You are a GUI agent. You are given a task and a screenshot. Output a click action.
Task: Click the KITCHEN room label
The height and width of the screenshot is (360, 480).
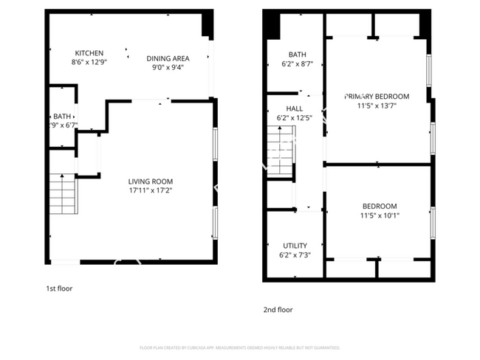coord(89,53)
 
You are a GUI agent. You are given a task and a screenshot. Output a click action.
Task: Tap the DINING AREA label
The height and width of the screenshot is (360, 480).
coord(168,58)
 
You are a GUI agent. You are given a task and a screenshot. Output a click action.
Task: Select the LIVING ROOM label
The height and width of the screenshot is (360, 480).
coord(150,181)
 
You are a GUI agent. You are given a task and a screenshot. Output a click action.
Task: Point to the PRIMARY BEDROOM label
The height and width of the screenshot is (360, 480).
coord(377,96)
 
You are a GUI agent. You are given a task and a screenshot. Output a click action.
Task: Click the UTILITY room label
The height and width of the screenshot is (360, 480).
coord(295,246)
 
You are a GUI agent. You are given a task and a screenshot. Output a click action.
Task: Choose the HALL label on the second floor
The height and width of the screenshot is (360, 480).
coord(284,108)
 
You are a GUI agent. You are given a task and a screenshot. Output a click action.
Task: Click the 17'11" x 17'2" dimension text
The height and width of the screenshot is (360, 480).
coord(150,190)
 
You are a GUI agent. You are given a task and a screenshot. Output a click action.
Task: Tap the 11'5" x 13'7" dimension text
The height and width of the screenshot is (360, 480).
coord(377,105)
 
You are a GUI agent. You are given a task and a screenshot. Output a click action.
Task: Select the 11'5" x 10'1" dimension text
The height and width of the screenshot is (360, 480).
coord(380,215)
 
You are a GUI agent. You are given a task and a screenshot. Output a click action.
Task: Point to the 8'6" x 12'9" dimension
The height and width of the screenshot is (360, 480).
coord(89,62)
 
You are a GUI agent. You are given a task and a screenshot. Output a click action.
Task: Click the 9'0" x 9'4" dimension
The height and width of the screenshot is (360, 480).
coord(168,67)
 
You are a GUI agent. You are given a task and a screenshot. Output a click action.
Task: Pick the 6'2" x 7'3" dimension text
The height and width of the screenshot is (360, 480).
coord(295,255)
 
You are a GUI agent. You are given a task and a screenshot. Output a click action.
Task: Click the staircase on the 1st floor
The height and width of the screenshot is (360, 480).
coord(63,195)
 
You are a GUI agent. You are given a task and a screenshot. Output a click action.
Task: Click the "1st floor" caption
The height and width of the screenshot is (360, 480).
coord(59,288)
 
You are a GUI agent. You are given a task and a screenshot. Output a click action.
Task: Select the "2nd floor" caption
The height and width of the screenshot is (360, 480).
coord(278,310)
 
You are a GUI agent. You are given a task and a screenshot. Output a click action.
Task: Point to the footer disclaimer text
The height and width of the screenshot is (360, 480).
coord(240,347)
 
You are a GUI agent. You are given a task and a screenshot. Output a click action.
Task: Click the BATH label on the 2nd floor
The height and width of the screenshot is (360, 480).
coord(297,55)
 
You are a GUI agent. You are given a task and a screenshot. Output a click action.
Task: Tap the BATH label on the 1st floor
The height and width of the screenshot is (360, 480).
coord(61,117)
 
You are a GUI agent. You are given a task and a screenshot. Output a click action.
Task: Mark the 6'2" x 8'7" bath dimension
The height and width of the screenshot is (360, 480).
coord(297,63)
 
